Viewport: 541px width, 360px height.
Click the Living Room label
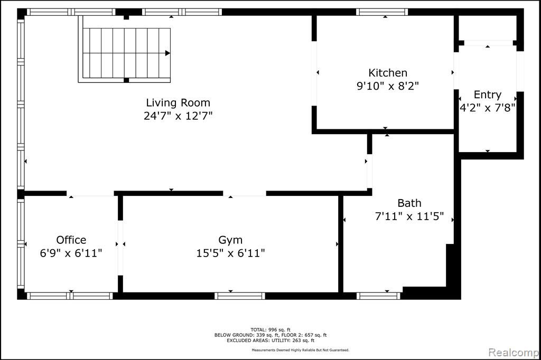click(178, 102)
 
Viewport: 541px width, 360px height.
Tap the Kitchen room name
click(388, 73)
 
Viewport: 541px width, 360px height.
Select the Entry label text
click(488, 94)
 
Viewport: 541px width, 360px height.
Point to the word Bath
click(409, 203)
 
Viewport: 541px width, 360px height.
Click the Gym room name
click(230, 240)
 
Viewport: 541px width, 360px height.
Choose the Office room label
click(71, 240)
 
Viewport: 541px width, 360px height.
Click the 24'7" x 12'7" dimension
click(178, 116)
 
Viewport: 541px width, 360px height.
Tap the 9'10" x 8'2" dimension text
click(388, 86)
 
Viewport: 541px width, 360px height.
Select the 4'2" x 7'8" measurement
click(488, 108)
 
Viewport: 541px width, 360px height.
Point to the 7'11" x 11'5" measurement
click(409, 216)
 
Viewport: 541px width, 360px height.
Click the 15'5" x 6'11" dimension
click(230, 253)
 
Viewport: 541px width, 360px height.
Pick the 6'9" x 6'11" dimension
click(71, 253)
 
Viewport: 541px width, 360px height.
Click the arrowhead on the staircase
click(167, 53)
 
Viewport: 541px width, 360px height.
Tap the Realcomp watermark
click(514, 353)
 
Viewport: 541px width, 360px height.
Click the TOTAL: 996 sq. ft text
click(270, 330)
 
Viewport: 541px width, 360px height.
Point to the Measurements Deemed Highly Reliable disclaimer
click(300, 350)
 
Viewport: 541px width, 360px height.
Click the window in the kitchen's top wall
click(382, 12)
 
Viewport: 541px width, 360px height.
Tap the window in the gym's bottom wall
click(240, 296)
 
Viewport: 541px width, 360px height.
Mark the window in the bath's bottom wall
click(378, 296)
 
